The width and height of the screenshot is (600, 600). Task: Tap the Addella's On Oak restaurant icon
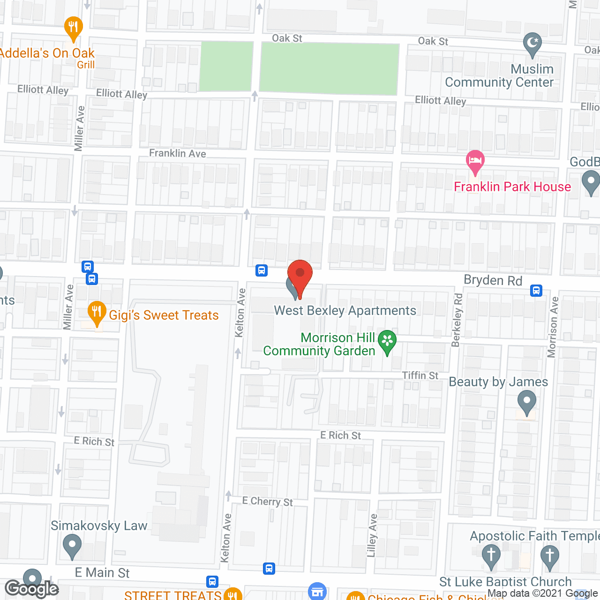73,27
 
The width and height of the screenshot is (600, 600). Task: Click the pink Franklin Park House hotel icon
475,161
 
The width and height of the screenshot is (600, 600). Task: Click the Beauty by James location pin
527,402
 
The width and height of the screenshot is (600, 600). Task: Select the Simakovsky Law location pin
72,546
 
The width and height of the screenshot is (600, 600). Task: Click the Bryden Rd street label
493,280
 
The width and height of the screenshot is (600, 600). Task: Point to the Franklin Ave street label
178,153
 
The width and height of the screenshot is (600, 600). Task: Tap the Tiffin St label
420,375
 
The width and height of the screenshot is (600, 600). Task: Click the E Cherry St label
268,502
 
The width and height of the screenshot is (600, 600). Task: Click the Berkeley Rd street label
457,320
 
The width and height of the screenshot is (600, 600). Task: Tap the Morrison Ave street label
553,327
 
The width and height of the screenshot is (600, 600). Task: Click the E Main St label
102,573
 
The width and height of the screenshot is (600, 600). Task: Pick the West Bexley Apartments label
345,310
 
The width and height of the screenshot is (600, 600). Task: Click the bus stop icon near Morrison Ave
536,291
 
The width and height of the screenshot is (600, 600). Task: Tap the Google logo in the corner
31,589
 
